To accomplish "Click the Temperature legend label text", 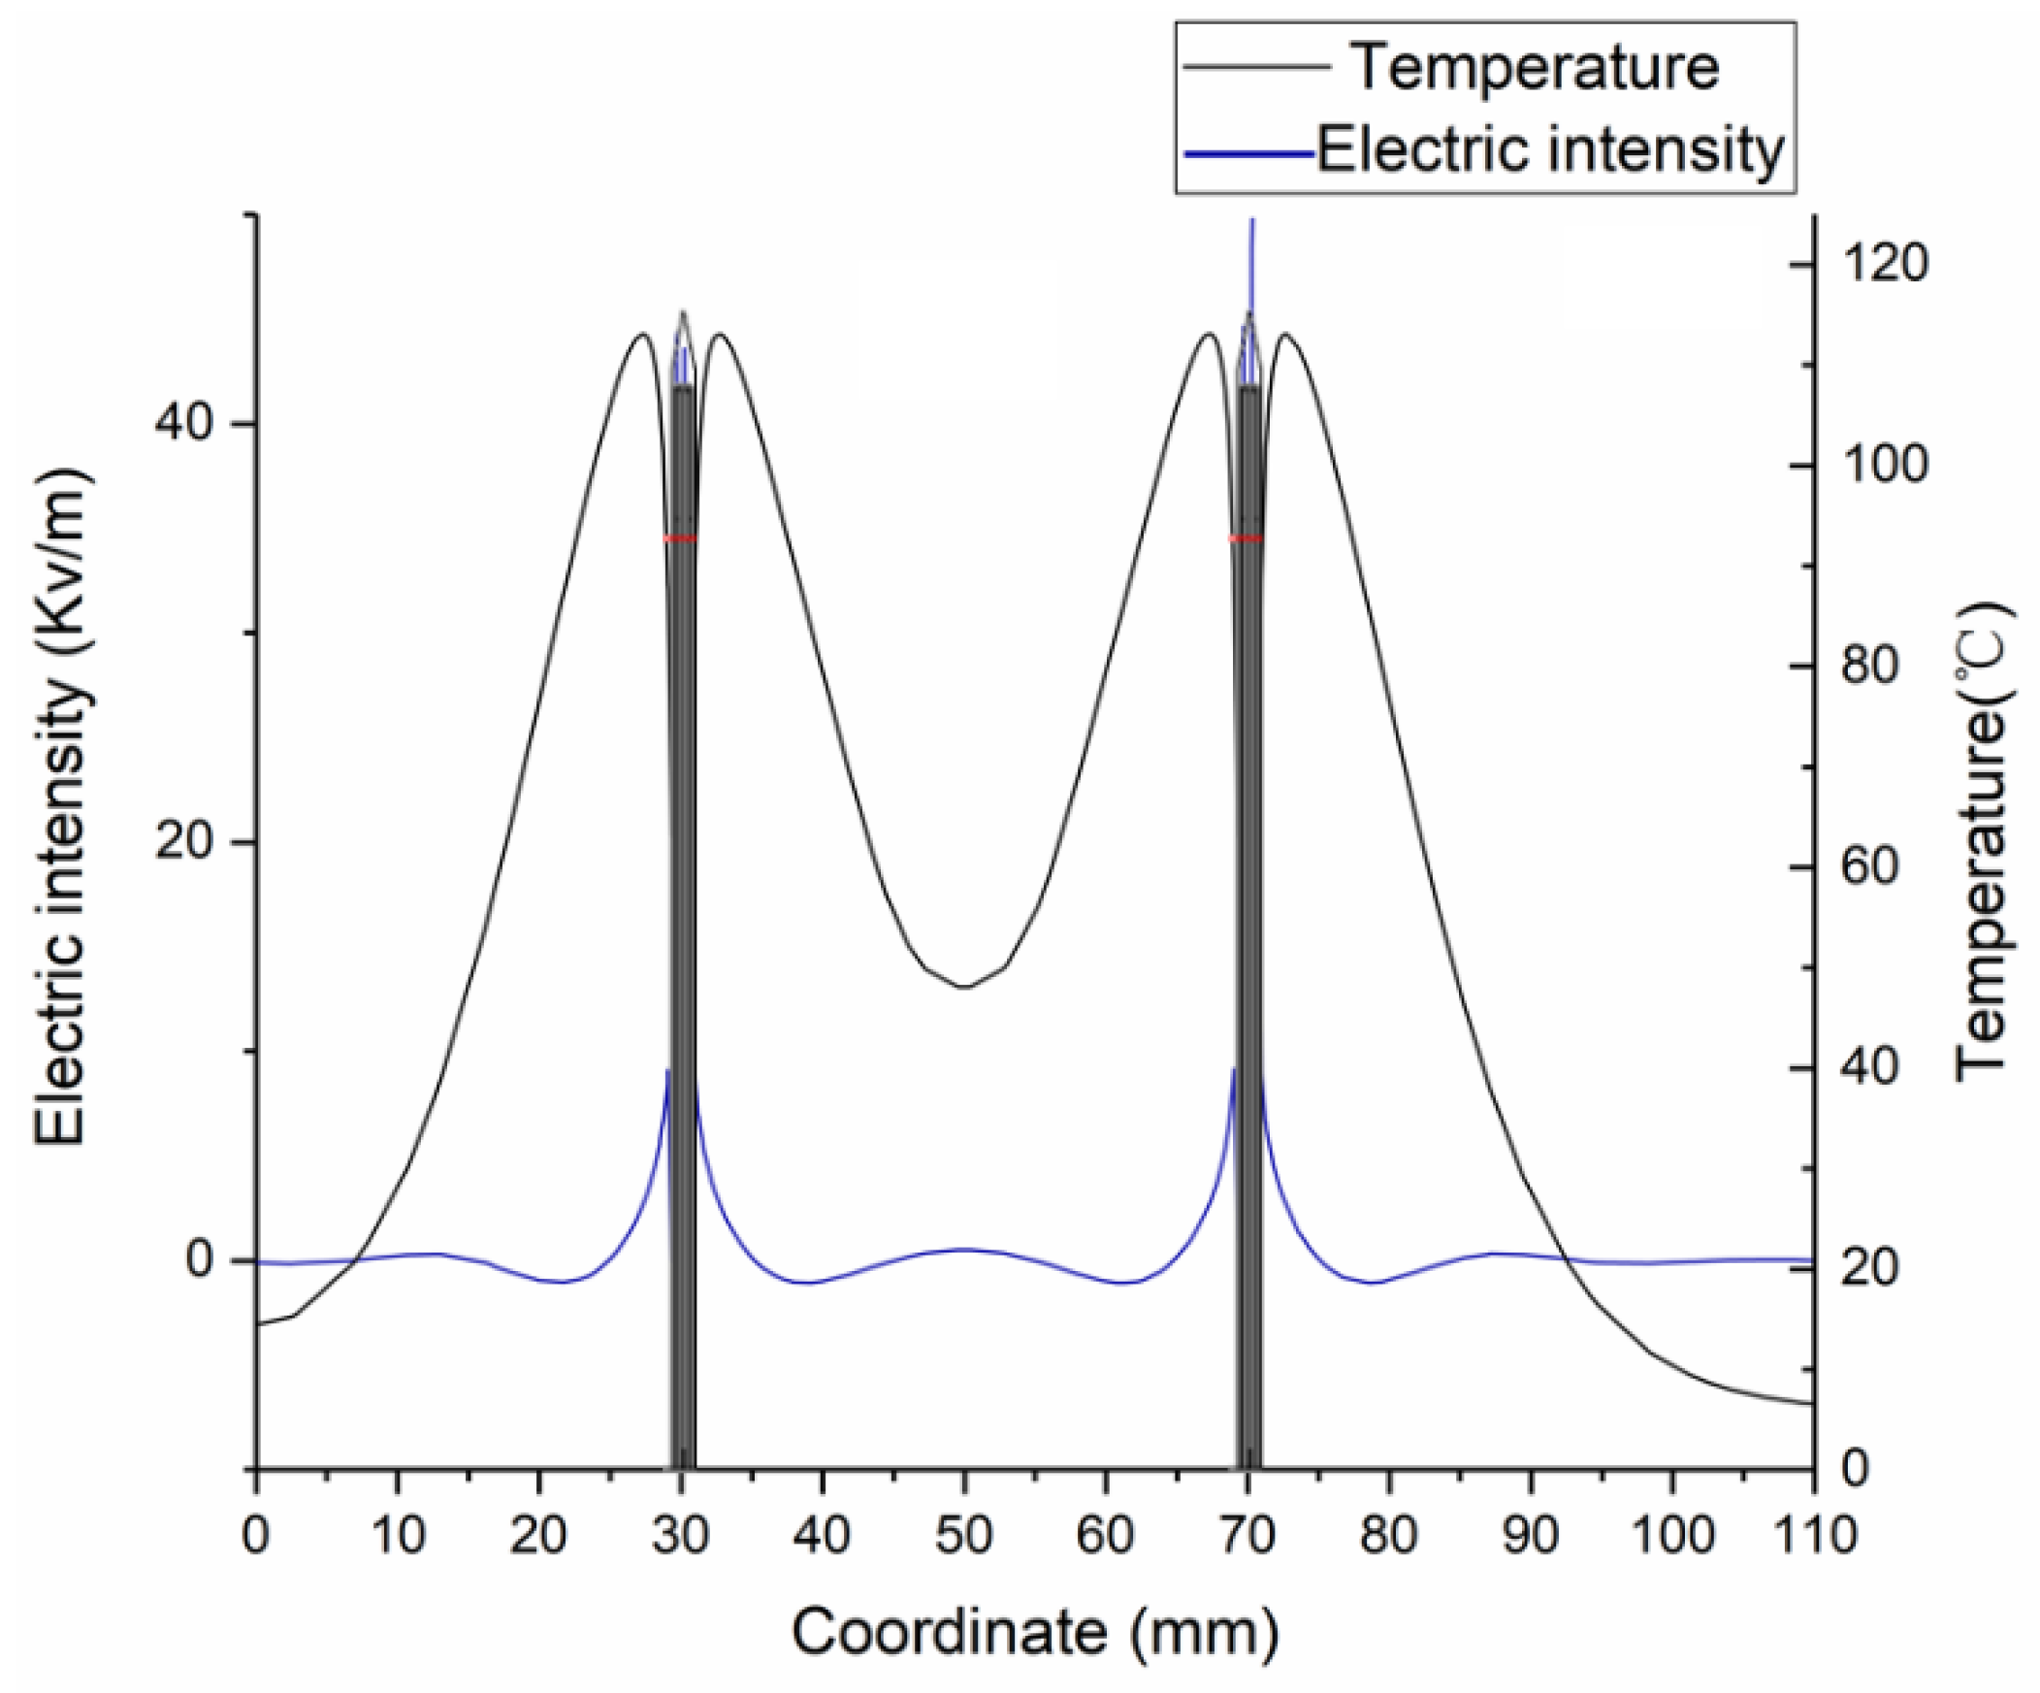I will click(1535, 68).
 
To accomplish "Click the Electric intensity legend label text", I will click(1551, 150).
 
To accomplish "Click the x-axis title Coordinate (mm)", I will click(1035, 1633).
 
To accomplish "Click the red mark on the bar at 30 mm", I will click(680, 538).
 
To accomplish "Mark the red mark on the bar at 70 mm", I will click(1247, 538).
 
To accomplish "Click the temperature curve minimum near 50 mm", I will click(963, 987).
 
